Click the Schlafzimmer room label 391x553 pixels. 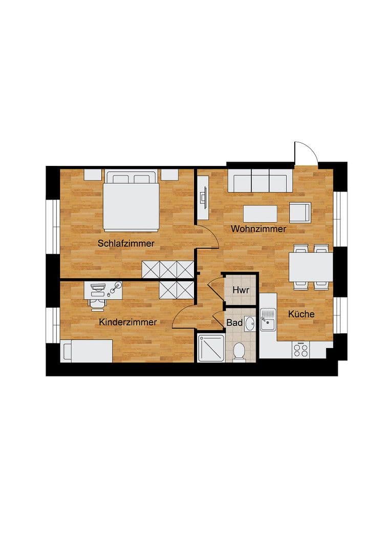pos(126,243)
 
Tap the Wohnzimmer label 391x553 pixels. pos(258,229)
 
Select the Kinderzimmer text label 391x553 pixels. pos(128,322)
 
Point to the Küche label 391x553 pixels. pos(301,314)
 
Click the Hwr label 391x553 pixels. pos(241,290)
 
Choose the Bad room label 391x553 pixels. pos(234,323)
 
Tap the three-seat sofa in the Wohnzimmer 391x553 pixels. pos(259,181)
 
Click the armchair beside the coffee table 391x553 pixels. pos(300,212)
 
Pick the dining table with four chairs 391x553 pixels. pos(311,267)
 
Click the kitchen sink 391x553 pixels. pos(268,320)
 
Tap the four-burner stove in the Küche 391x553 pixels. pos(301,350)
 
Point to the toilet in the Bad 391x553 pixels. pos(238,352)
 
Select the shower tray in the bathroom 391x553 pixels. pos(210,348)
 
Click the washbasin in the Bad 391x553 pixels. pos(249,324)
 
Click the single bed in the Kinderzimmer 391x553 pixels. pos(86,351)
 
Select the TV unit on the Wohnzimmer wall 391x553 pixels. pos(203,197)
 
